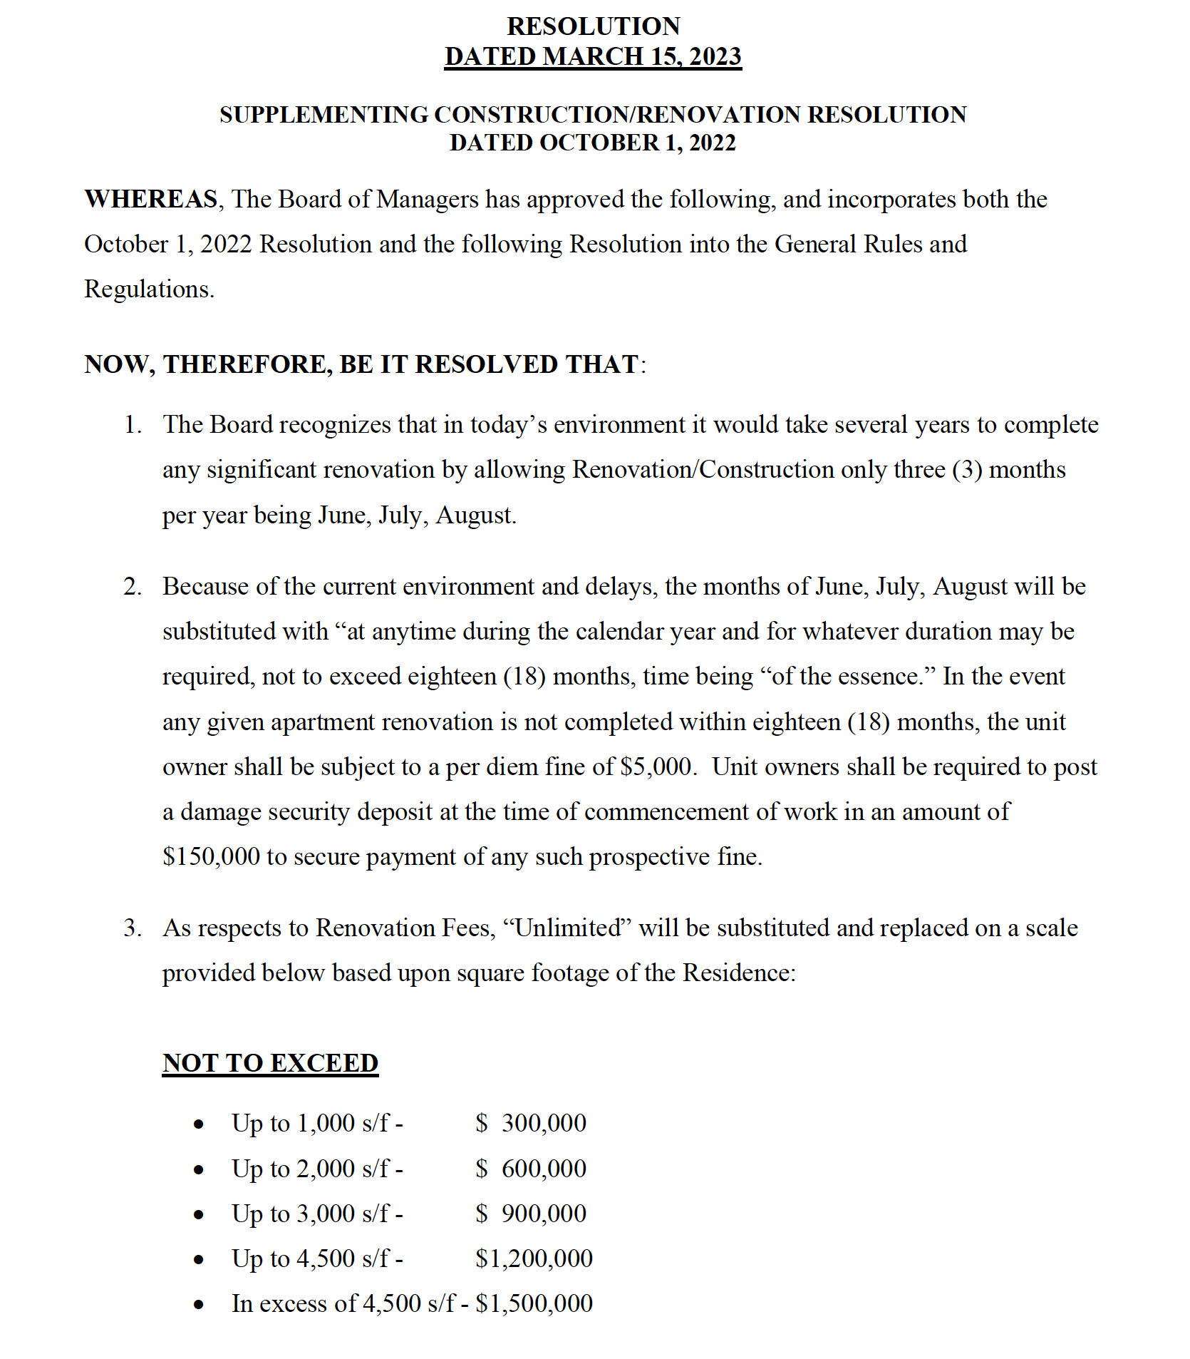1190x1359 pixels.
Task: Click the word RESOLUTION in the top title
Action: (593, 26)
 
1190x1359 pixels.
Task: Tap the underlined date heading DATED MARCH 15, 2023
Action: (593, 56)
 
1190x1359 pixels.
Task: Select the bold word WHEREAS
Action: (151, 199)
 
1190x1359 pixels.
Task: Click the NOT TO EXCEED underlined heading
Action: (270, 1062)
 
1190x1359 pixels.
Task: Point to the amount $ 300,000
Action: (531, 1123)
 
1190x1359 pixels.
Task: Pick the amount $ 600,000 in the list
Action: (531, 1169)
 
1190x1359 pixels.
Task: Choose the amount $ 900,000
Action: (531, 1214)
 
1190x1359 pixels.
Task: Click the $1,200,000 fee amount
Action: (534, 1258)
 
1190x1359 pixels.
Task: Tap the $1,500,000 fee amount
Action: (534, 1303)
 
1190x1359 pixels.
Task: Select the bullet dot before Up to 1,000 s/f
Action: (199, 1125)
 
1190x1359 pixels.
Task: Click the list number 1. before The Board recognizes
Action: (133, 425)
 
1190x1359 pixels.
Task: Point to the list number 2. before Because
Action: (133, 587)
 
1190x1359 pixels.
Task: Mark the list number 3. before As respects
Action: (133, 928)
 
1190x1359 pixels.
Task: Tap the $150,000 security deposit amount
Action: (211, 856)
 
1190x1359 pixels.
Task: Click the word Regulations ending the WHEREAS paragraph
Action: (148, 289)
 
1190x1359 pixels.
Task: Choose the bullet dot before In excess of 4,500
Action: (199, 1306)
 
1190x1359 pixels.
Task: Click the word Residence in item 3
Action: (738, 973)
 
